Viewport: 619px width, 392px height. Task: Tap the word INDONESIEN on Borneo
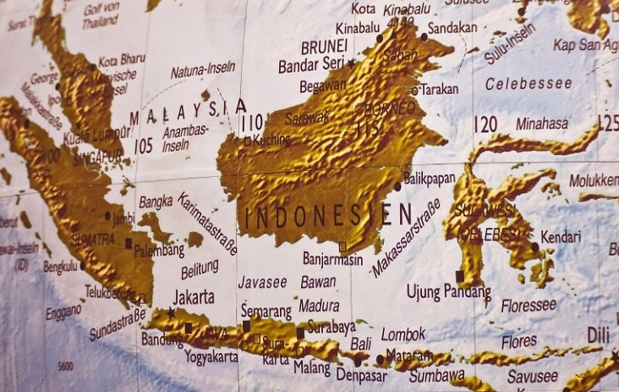click(x=329, y=215)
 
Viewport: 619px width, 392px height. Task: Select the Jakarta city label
click(x=193, y=297)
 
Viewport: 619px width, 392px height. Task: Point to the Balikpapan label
click(x=429, y=179)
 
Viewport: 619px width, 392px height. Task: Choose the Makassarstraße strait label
click(x=407, y=238)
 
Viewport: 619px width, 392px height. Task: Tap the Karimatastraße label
click(x=207, y=222)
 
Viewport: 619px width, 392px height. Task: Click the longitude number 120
click(x=485, y=124)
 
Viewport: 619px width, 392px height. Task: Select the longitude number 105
click(x=144, y=146)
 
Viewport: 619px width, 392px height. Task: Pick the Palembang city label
click(x=158, y=251)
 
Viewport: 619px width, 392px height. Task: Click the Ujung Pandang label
click(x=448, y=293)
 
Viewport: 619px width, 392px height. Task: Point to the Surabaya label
click(x=331, y=326)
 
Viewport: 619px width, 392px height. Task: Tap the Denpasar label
click(x=361, y=373)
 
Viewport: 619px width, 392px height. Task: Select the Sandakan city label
click(x=452, y=27)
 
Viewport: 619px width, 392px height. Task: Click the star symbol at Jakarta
click(x=172, y=312)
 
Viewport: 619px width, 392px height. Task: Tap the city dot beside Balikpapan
click(x=397, y=185)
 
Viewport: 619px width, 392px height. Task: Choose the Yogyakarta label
click(x=200, y=356)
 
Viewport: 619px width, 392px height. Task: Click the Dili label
click(x=599, y=334)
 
